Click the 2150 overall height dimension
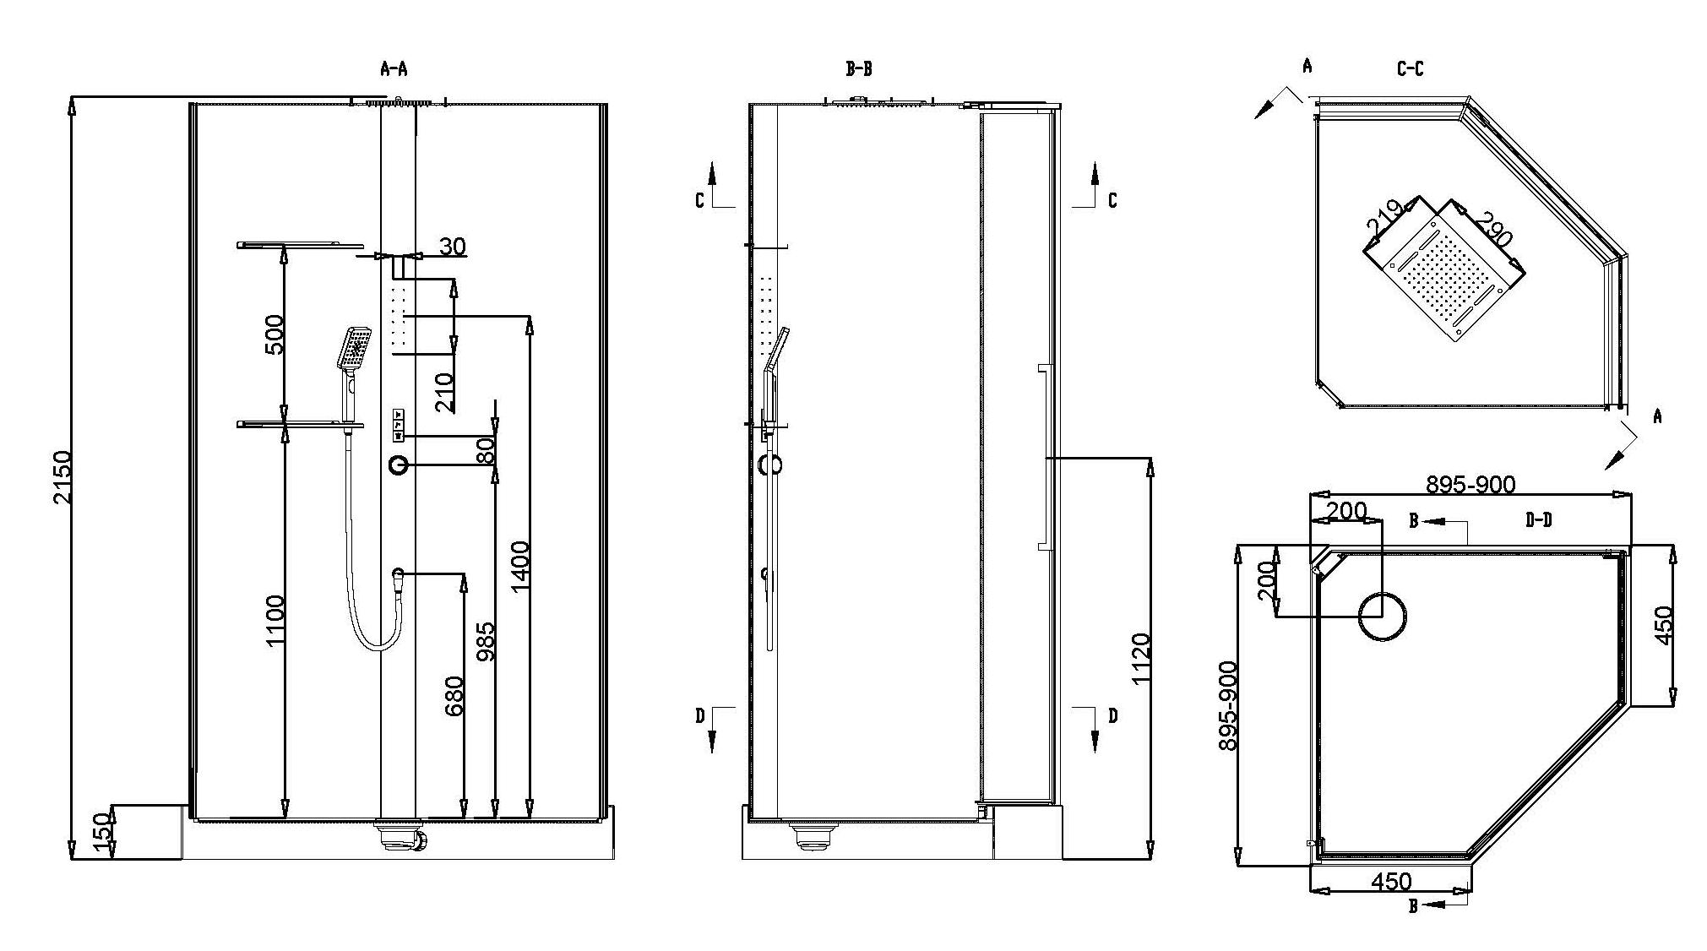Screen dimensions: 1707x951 [x=63, y=477]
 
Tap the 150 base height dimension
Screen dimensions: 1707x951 [x=103, y=832]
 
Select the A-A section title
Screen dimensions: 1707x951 [x=394, y=69]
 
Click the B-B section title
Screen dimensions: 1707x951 [x=859, y=69]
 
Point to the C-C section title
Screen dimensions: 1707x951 [x=1410, y=69]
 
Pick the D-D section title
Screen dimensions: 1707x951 [x=1538, y=520]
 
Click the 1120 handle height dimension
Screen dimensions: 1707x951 [x=1140, y=659]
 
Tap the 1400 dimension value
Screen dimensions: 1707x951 [x=519, y=567]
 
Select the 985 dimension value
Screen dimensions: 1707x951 [x=485, y=640]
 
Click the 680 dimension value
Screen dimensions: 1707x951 [x=454, y=696]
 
